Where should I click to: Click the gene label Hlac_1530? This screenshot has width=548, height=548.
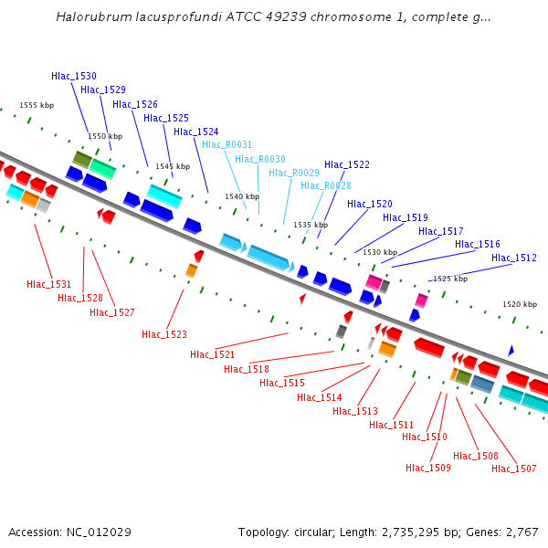pos(74,76)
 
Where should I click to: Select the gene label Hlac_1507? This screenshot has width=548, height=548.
pos(514,469)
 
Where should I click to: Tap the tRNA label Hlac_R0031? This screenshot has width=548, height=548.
pos(227,144)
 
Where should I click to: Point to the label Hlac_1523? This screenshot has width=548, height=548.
pos(164,334)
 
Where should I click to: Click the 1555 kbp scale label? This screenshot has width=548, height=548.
pos(37,106)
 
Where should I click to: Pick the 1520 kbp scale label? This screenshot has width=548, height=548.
pos(520,304)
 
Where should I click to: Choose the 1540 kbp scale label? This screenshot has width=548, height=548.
pos(242,196)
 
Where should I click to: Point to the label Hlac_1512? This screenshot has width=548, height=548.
pos(514,258)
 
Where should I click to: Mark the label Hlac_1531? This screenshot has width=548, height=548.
pos(49,284)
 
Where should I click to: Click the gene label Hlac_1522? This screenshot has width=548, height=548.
pos(347,164)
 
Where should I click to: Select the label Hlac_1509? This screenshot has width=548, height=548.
pos(428,468)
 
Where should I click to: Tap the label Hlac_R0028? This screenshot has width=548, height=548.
pos(326,185)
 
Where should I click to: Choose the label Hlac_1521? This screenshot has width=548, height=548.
pos(213,354)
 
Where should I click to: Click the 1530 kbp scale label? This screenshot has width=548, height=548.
pos(380,252)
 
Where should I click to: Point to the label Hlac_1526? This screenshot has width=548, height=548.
pos(135,104)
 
